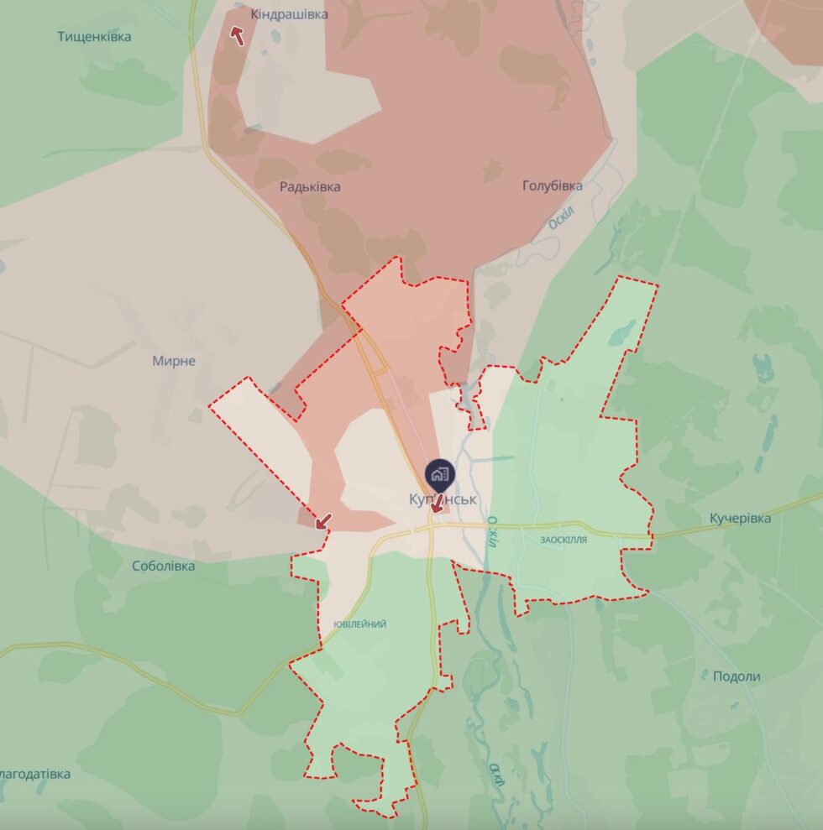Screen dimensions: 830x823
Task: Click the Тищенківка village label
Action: click(x=94, y=37)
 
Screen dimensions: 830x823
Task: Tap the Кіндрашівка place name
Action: click(x=289, y=14)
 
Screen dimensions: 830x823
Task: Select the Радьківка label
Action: click(x=310, y=186)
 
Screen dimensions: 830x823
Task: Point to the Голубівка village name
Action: click(x=552, y=185)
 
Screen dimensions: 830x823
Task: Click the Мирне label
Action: click(x=174, y=361)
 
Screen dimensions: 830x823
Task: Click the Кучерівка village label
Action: click(x=739, y=518)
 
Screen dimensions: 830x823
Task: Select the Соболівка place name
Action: click(x=163, y=566)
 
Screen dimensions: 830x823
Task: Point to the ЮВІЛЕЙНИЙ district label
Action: click(x=359, y=624)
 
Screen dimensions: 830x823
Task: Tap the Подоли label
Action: click(x=737, y=676)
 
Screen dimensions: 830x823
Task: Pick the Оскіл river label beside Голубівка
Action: click(x=560, y=219)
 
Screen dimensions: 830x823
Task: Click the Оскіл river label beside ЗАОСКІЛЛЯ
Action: click(x=492, y=530)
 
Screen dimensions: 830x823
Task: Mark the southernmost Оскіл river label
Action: click(x=498, y=773)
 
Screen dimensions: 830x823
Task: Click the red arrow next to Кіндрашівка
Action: click(x=238, y=35)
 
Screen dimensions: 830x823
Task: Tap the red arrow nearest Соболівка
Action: click(x=322, y=521)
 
